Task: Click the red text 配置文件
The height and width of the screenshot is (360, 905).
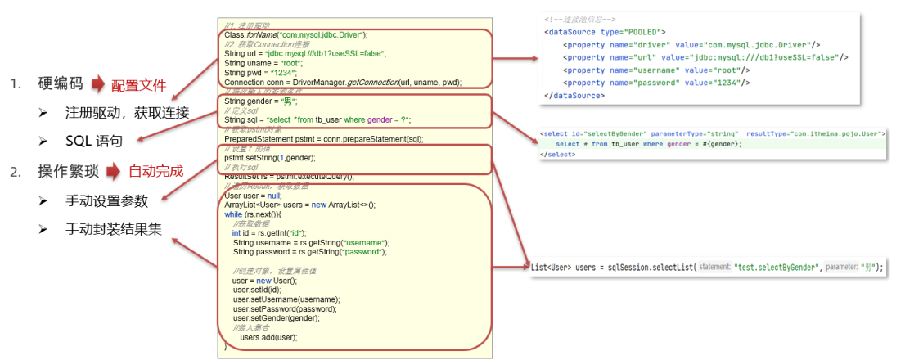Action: click(138, 85)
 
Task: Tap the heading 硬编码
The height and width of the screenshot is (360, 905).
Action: click(61, 85)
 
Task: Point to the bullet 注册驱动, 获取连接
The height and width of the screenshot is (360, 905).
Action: click(127, 113)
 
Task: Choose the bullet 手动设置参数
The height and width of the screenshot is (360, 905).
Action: click(108, 200)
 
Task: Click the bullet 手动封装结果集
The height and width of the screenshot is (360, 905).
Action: click(114, 230)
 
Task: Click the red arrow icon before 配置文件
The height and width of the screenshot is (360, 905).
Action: click(98, 85)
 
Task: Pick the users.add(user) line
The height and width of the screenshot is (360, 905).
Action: click(268, 336)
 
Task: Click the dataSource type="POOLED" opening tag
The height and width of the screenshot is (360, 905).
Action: click(598, 32)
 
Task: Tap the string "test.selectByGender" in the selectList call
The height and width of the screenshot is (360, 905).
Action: click(777, 268)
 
